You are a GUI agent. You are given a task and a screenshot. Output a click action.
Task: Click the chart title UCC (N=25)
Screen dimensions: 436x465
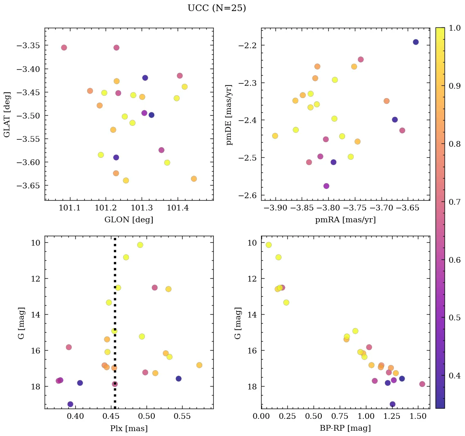pyautogui.click(x=217, y=8)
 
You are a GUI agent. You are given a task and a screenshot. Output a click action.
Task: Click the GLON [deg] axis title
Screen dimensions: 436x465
pyautogui.click(x=129, y=220)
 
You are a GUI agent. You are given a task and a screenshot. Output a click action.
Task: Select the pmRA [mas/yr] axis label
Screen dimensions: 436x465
pyautogui.click(x=345, y=220)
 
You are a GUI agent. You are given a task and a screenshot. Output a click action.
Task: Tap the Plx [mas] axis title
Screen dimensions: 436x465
pyautogui.click(x=129, y=429)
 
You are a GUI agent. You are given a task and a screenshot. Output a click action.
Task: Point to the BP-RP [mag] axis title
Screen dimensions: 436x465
pyautogui.click(x=345, y=429)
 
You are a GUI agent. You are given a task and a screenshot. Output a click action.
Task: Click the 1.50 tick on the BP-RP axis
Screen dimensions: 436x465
pyautogui.click(x=418, y=417)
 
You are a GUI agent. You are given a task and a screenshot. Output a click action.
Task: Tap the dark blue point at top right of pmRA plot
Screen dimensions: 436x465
pyautogui.click(x=415, y=42)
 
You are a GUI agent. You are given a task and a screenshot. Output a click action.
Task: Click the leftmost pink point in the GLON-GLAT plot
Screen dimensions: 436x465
pyautogui.click(x=64, y=48)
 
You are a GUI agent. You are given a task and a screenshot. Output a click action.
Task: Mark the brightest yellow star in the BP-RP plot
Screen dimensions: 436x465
pyautogui.click(x=269, y=245)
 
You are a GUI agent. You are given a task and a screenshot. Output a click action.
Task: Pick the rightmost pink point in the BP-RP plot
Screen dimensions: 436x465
pyautogui.click(x=422, y=384)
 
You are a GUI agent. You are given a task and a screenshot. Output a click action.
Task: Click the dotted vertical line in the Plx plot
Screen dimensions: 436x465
pyautogui.click(x=115, y=311)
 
